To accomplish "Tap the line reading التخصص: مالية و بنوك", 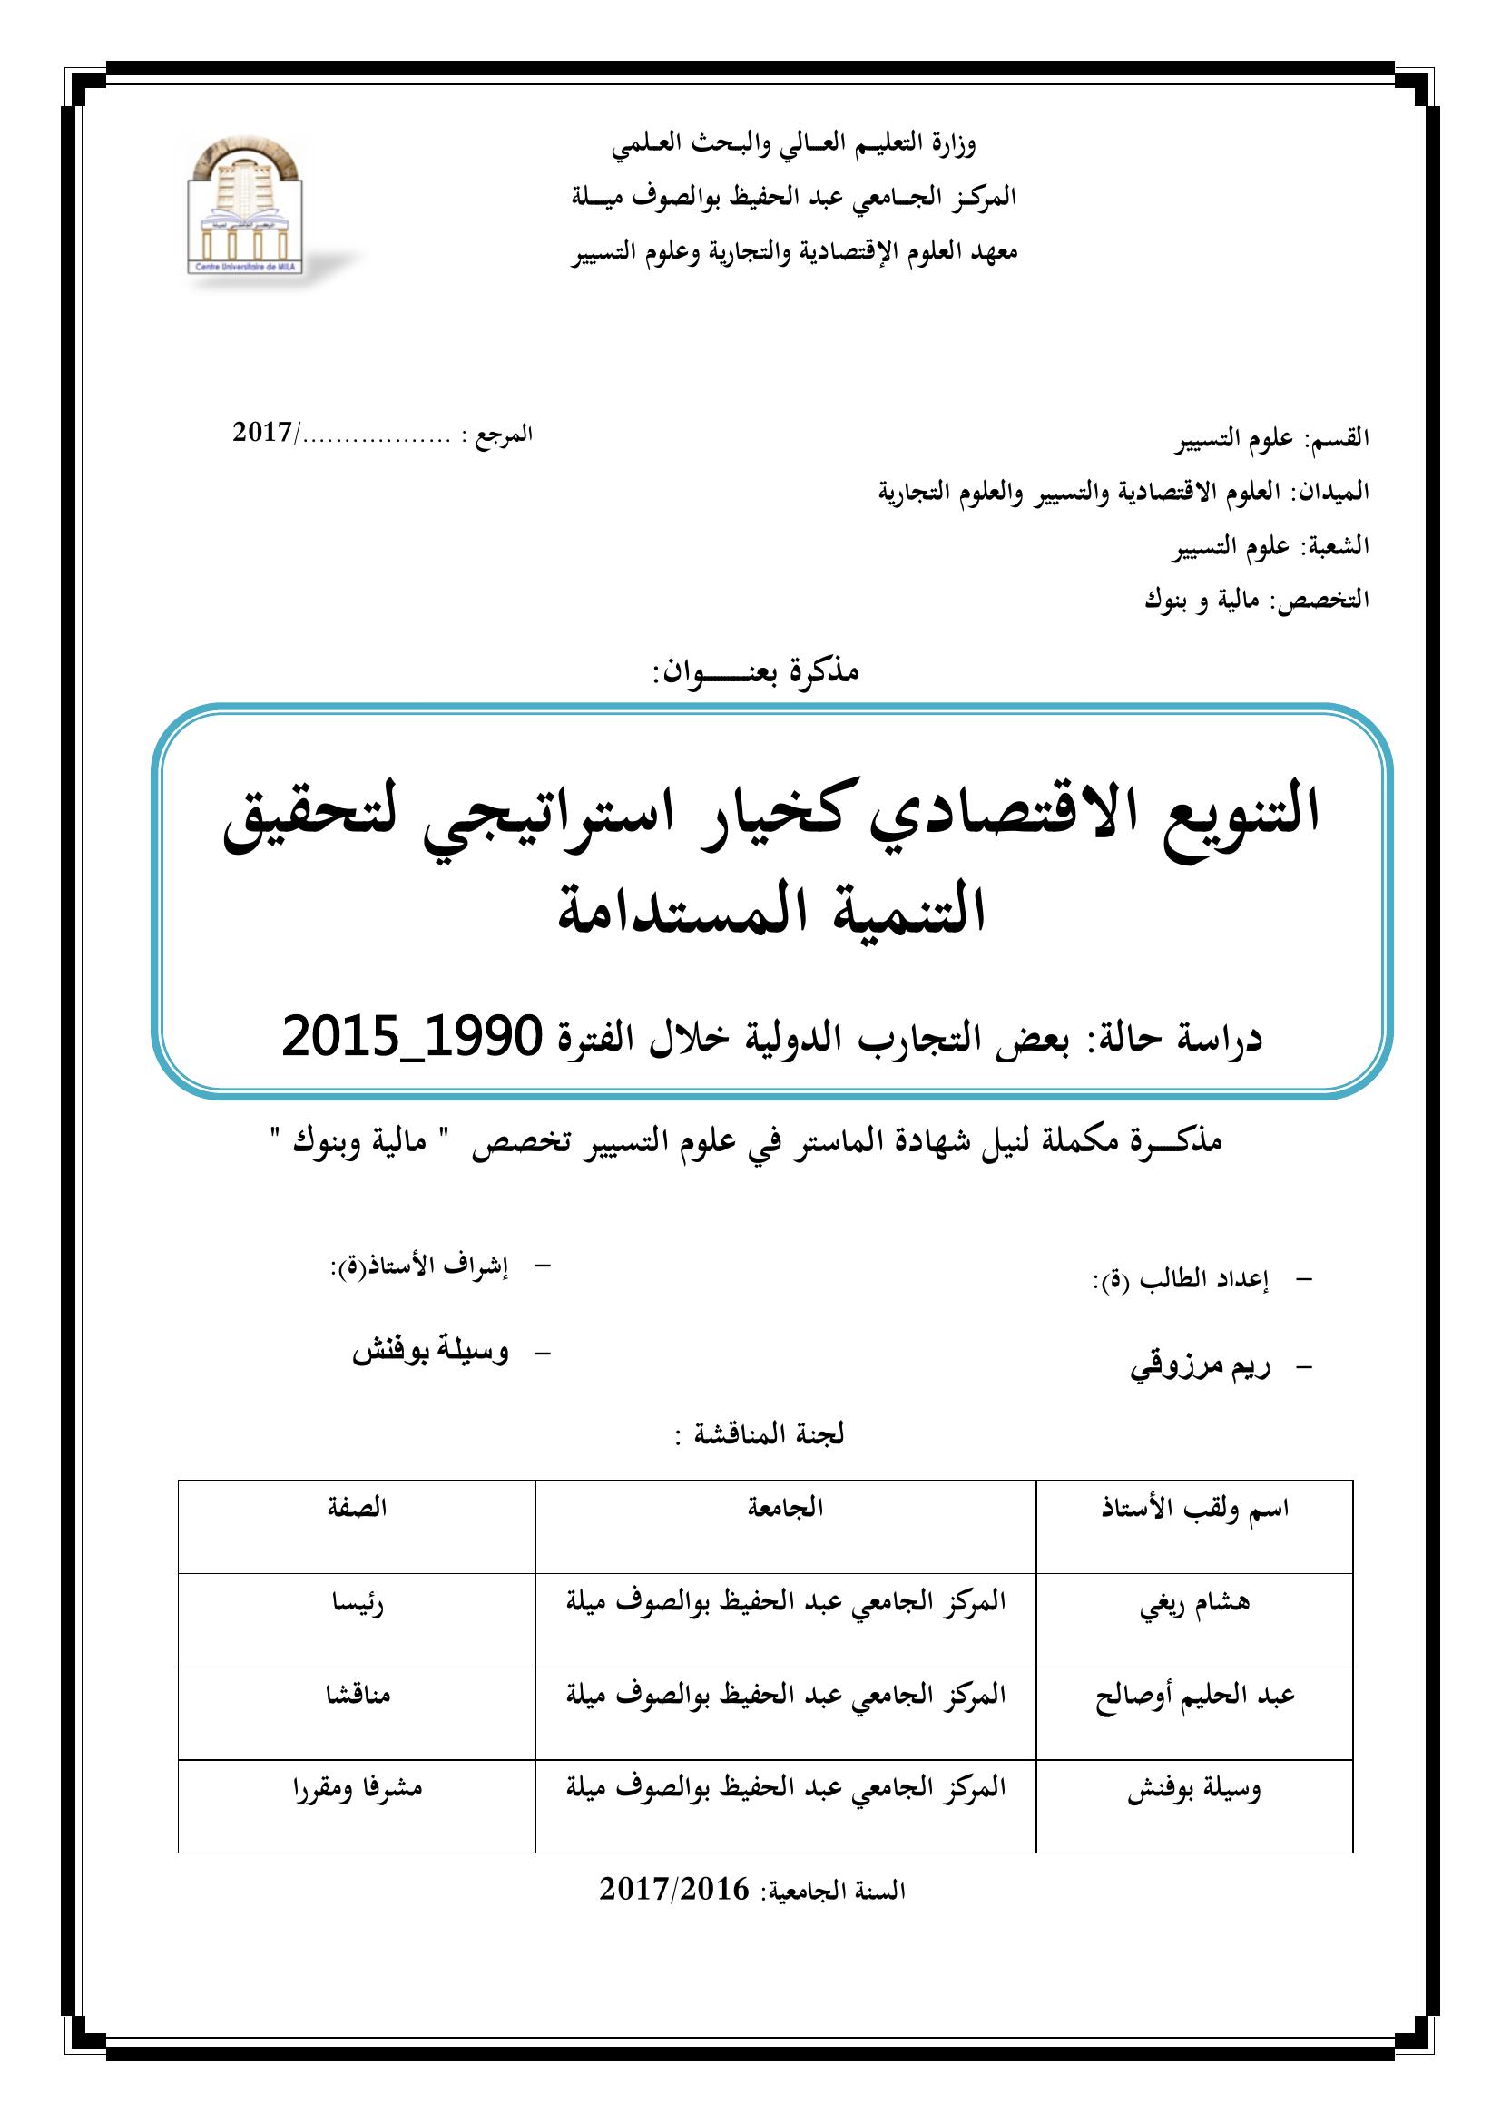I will point(1256,600).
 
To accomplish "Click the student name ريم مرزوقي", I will point(1199,1367).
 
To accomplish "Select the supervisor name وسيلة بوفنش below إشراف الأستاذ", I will point(430,1352).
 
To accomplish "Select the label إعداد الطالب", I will point(1181,1280).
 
